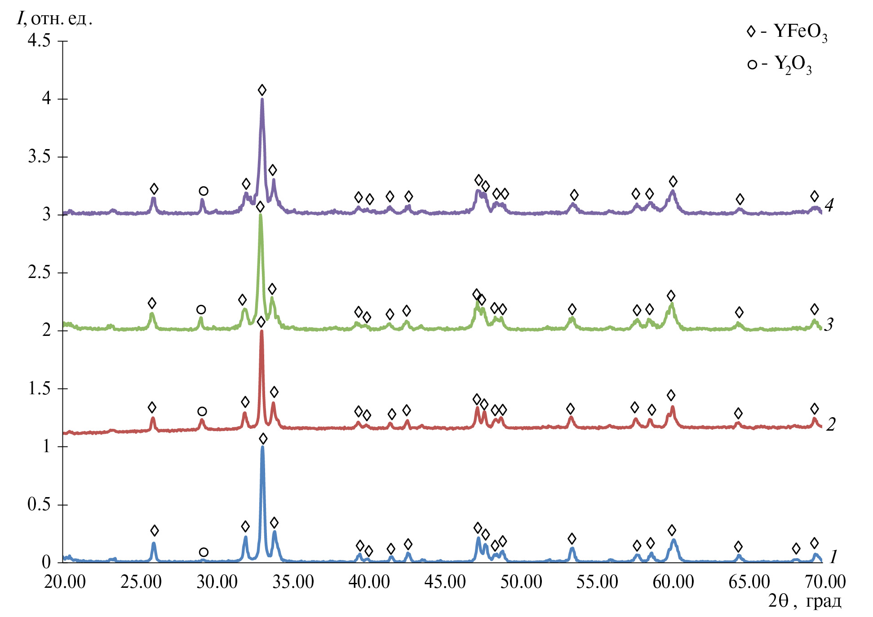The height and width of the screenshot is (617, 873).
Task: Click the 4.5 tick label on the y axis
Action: coord(39,40)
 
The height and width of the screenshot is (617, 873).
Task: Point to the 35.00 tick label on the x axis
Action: coord(293,582)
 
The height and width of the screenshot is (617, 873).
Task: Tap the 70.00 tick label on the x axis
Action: coord(825,582)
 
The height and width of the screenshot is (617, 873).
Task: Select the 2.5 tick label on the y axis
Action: coord(39,272)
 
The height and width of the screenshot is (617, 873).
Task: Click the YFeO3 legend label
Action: coord(800,32)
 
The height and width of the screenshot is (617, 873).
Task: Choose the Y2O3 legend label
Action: coord(793,65)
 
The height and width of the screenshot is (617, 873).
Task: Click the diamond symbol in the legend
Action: coord(751,31)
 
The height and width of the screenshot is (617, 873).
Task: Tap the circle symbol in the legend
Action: coord(752,65)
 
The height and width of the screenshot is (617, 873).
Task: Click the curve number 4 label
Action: coord(829,205)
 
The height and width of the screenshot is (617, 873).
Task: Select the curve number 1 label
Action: coord(833,557)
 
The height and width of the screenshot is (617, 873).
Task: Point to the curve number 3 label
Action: coord(829,324)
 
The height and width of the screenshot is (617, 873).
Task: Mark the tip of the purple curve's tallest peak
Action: coord(262,99)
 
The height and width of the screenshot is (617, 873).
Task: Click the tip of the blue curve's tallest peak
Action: coord(262,447)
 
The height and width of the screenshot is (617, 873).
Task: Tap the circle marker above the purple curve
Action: coord(204,191)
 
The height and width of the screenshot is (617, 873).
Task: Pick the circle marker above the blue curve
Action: coord(204,552)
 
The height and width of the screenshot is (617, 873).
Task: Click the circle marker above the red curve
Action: coord(202,411)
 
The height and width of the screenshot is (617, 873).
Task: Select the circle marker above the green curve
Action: coord(201,309)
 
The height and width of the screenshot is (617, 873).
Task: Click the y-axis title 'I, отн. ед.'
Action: coord(54,19)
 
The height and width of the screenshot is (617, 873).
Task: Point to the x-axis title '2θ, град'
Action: coord(804,601)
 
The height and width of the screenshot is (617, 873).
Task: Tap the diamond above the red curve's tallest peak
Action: coord(261,322)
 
